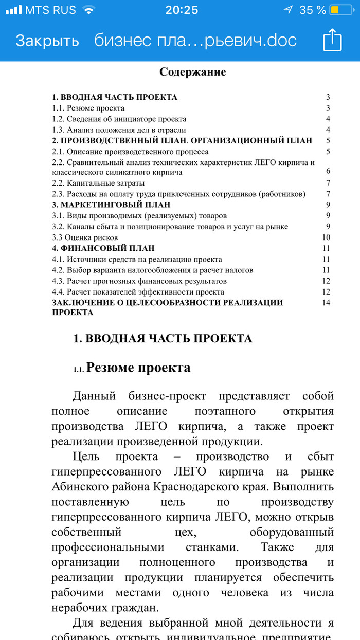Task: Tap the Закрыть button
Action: point(47,41)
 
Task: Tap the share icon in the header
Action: point(332,40)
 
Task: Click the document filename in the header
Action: point(195,41)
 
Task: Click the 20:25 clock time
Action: point(182,10)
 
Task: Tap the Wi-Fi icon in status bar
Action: point(88,10)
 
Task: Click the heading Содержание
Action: point(192,71)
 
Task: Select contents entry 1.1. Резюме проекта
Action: point(88,108)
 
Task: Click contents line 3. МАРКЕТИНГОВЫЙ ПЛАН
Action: point(111,205)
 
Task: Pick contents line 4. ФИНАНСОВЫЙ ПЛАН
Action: point(103,248)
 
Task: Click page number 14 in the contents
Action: point(325,302)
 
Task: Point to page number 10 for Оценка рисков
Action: point(325,237)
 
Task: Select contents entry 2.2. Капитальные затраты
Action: point(98,183)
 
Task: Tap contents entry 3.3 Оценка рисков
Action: point(85,237)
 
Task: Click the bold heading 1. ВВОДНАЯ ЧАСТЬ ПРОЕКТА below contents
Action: point(163,338)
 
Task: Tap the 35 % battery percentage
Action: point(313,10)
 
